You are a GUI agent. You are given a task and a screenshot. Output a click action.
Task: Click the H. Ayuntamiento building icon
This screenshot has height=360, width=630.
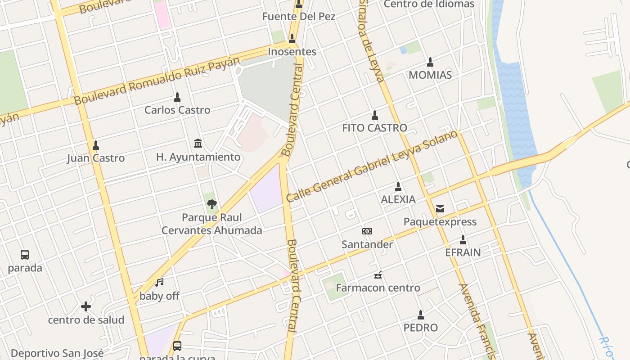pos(198,143)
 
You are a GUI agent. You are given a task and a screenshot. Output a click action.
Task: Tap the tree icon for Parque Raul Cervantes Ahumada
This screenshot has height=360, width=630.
pos(211,204)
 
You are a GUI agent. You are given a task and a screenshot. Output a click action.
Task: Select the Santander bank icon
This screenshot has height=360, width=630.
pos(367,231)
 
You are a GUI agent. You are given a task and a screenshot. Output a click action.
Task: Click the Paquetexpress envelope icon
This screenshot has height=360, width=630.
pos(440,209)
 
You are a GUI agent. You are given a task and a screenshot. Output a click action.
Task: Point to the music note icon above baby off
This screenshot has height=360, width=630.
pos(159,283)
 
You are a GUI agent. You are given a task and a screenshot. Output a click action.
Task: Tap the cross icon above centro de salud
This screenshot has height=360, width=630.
pos(85,307)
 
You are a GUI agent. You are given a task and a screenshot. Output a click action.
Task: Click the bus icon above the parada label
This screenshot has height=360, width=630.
pos(25,255)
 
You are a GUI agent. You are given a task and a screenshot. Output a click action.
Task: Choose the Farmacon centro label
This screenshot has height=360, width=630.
pos(378,288)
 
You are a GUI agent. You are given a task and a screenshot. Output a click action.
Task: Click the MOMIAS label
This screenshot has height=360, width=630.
pos(430,75)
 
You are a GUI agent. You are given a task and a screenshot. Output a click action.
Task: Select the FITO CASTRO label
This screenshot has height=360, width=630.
pos(374,128)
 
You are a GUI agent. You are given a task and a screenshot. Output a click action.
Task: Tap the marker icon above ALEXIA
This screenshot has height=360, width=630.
pos(398,186)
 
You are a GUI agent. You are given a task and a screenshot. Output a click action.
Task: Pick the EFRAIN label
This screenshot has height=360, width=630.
pos(463,252)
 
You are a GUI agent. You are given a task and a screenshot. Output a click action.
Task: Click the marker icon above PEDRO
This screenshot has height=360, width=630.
pos(421,315)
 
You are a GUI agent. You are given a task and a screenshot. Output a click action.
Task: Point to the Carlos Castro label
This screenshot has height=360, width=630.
pos(177,110)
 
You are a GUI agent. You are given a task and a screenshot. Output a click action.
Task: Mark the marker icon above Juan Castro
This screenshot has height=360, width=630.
pos(95,145)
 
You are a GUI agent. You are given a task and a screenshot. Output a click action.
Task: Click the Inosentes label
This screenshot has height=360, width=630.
pos(292,52)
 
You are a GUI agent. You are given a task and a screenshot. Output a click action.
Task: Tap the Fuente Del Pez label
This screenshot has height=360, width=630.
pos(299,17)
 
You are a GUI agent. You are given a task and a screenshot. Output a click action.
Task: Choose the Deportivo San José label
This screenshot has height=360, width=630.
pos(57,353)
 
